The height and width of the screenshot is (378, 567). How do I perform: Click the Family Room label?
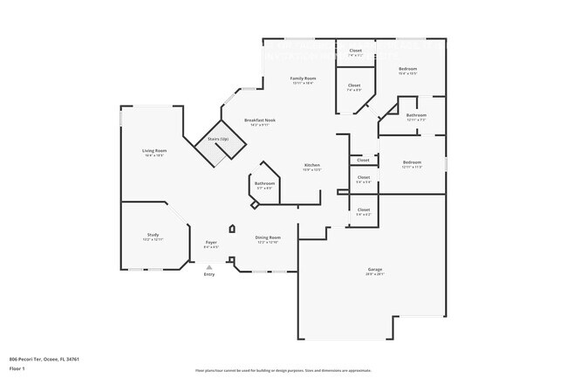click(303, 78)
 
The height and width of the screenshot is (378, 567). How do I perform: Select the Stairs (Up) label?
click(217, 139)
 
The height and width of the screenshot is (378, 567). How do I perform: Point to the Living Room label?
click(154, 150)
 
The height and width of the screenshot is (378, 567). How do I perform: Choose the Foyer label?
click(210, 242)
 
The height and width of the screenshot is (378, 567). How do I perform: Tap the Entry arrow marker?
click(208, 266)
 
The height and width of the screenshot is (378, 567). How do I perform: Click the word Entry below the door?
click(209, 275)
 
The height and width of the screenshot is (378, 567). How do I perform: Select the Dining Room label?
click(267, 237)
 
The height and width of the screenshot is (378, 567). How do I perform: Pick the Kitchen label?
click(311, 165)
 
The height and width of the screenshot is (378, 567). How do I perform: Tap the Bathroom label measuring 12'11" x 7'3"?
click(416, 114)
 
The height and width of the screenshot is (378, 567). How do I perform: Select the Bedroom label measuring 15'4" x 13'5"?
click(408, 68)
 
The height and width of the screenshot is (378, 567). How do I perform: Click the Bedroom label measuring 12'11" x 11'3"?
click(412, 162)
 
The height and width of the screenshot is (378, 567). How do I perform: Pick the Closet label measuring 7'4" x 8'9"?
click(354, 85)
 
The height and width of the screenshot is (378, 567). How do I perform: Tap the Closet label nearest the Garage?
click(364, 210)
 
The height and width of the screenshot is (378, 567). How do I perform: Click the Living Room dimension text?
click(154, 155)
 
